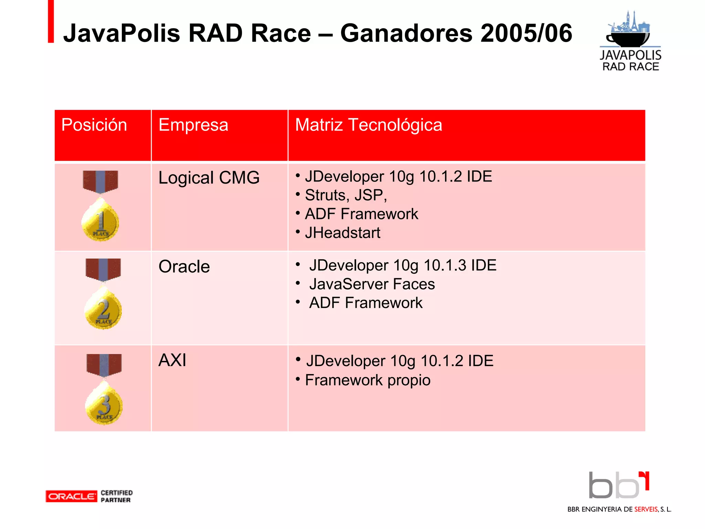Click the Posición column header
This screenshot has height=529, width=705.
click(x=94, y=125)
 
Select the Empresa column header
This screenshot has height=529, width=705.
click(x=193, y=125)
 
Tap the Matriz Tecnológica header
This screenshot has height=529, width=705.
click(x=368, y=125)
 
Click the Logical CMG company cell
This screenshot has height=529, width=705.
click(x=209, y=178)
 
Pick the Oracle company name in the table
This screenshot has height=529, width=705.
click(x=184, y=267)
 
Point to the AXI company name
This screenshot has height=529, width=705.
click(x=172, y=361)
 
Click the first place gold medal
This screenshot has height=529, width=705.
click(x=100, y=220)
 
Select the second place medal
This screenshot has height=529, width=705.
click(x=103, y=308)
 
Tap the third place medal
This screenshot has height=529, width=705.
click(x=104, y=404)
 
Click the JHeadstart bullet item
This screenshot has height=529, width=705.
click(x=343, y=233)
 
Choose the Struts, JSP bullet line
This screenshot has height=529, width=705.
click(x=346, y=195)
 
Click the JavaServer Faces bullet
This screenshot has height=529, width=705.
click(x=372, y=284)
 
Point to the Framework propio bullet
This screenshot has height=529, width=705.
click(x=367, y=380)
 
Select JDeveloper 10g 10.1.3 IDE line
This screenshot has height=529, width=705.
click(x=402, y=266)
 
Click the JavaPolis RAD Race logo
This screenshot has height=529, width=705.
click(x=630, y=41)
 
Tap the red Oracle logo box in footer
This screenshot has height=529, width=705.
click(x=71, y=496)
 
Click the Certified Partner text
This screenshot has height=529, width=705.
click(x=116, y=496)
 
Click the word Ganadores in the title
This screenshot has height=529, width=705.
click(x=407, y=33)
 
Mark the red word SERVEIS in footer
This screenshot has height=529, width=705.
click(x=646, y=509)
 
